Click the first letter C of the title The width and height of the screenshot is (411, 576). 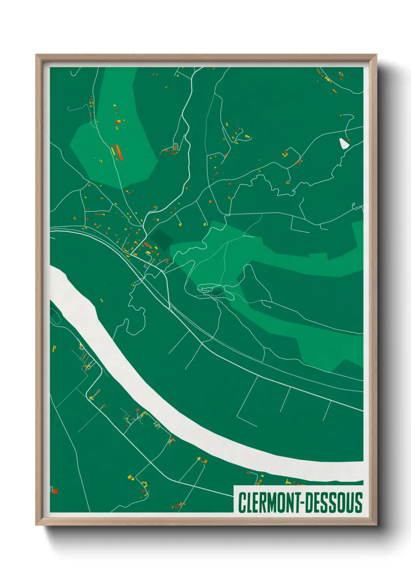point(242,502)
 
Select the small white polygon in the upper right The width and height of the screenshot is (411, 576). point(344,144)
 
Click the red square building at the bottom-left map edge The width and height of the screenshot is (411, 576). point(55,491)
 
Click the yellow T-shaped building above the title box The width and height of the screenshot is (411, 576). point(288,482)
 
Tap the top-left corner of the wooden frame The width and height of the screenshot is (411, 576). point(37,55)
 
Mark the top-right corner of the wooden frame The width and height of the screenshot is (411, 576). point(376,55)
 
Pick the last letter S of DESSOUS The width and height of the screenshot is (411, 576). point(359,502)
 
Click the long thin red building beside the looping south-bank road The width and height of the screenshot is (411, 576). point(96,393)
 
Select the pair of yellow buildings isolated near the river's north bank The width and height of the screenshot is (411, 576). point(101,300)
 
